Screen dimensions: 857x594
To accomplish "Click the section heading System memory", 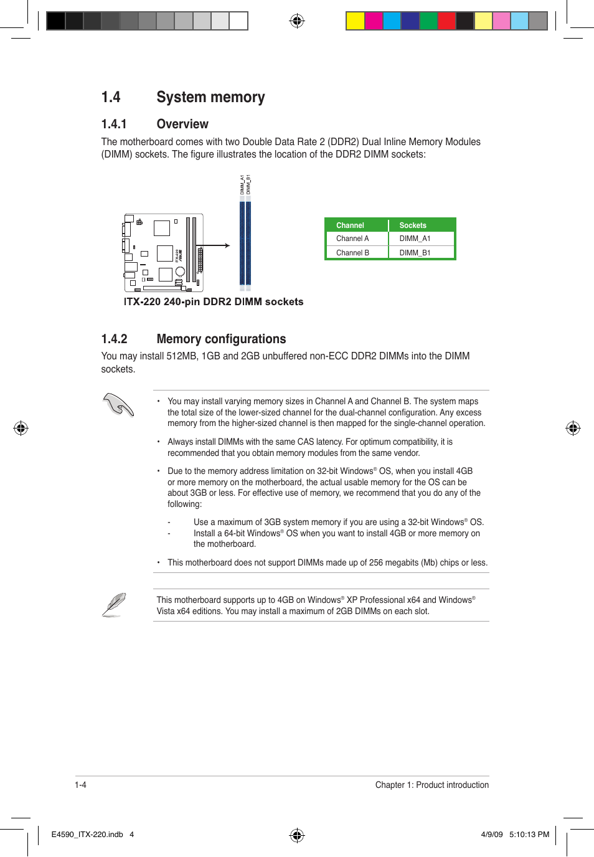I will click(x=210, y=97).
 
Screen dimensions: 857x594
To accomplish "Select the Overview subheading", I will click(x=182, y=124).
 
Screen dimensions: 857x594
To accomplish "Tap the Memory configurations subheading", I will click(x=221, y=339).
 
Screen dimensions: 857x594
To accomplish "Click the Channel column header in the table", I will click(x=350, y=225).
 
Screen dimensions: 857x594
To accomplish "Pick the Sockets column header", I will click(x=413, y=225).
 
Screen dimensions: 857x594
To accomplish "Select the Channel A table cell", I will click(x=352, y=239).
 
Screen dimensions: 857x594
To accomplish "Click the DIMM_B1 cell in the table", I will click(x=415, y=253).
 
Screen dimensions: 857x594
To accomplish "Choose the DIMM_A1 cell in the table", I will click(x=415, y=239).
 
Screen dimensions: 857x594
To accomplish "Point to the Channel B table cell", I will click(x=352, y=253).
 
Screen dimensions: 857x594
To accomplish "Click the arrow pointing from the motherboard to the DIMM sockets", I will click(x=217, y=246).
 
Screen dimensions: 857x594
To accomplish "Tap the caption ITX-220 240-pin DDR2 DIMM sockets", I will click(x=214, y=301).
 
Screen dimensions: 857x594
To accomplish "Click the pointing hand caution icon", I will click(x=118, y=405).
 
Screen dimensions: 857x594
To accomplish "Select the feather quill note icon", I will click(x=114, y=605).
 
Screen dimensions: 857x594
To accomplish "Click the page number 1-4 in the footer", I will click(x=80, y=785).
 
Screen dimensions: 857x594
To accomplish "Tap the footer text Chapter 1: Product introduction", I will click(x=431, y=785).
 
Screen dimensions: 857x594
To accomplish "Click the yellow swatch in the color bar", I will click(x=355, y=21).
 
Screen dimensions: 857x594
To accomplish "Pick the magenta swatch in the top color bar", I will click(x=374, y=21).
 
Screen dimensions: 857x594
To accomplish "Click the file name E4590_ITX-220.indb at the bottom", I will click(x=87, y=835).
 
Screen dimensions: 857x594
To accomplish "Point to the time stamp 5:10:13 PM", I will click(x=529, y=835).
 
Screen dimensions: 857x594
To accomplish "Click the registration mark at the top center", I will click(x=297, y=21).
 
